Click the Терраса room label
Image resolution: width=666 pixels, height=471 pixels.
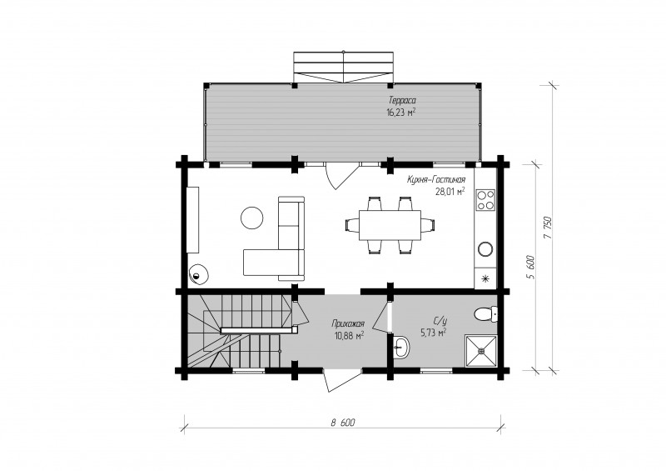click(x=402, y=100)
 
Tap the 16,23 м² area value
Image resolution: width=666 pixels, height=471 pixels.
click(x=400, y=113)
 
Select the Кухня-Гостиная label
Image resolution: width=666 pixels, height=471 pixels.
click(x=436, y=179)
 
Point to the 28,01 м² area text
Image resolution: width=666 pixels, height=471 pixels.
click(x=450, y=192)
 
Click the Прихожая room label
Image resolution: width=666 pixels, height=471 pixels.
click(x=348, y=323)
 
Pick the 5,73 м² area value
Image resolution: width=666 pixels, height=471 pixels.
click(x=434, y=333)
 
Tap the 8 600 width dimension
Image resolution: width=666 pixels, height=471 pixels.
click(x=343, y=423)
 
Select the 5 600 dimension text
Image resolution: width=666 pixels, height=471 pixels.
click(x=530, y=268)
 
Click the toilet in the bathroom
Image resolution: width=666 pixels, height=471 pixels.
click(x=485, y=314)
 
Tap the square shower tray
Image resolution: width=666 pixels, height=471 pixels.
click(x=481, y=351)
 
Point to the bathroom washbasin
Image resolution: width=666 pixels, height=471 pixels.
click(x=401, y=347)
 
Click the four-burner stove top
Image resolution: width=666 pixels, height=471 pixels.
click(x=485, y=200)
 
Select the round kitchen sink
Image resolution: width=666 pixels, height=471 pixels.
click(x=485, y=248)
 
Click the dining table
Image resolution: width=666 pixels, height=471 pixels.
click(x=390, y=225)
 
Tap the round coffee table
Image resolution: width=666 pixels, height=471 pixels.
click(x=252, y=218)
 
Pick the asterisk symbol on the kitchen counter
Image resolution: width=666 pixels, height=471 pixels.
click(x=485, y=278)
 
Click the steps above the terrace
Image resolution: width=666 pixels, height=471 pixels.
click(x=343, y=68)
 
